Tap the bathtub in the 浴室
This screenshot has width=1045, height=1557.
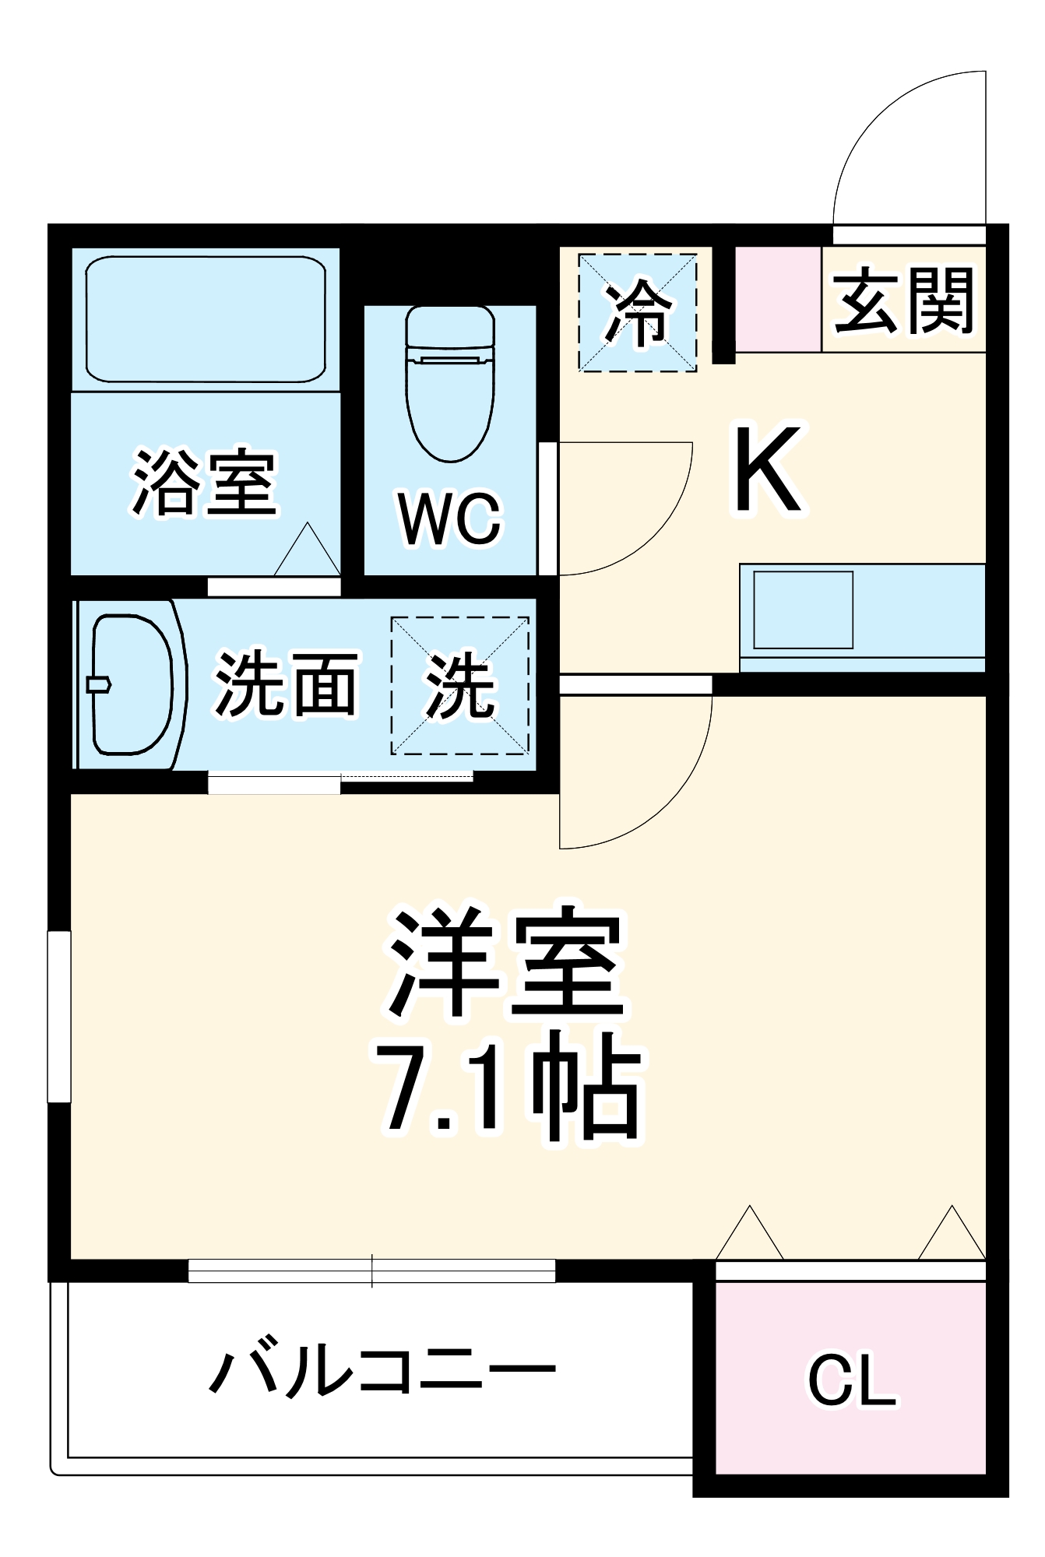(x=206, y=319)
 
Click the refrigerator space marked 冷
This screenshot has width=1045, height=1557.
(x=637, y=312)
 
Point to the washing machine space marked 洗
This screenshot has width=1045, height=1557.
(x=459, y=686)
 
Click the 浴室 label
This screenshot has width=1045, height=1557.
(x=205, y=483)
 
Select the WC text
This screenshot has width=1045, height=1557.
(x=450, y=518)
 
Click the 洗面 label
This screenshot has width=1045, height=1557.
(x=285, y=684)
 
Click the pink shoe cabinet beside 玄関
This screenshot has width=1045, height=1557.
(x=778, y=299)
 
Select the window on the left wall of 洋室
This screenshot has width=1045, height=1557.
(x=59, y=1016)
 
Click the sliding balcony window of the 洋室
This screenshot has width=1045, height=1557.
(x=371, y=1270)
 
